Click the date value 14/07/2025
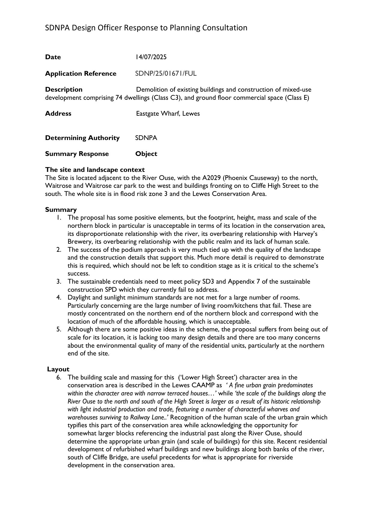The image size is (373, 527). tap(151, 57)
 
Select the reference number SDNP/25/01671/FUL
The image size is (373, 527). tap(166, 74)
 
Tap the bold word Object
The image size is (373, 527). tap(146, 154)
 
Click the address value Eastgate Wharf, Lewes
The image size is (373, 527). tap(168, 114)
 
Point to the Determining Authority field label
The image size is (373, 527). tap(82, 138)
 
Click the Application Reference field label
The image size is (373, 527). tap(81, 74)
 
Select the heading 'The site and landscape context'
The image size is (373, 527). tap(95, 170)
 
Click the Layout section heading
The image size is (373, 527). tap(58, 369)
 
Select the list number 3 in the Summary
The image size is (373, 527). tap(59, 282)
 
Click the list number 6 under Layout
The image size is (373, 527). tap(59, 377)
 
